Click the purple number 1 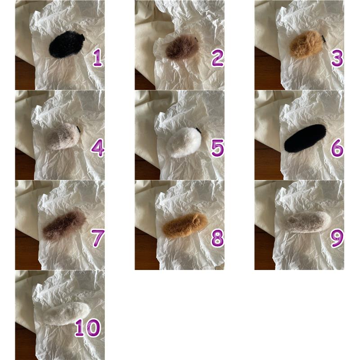[98, 58]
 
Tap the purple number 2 [217, 58]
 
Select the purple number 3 [337, 58]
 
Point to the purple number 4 [98, 148]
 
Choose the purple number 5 [217, 148]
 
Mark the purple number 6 [337, 148]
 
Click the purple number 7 [98, 238]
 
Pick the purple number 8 [217, 238]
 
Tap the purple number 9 [337, 238]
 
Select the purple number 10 [88, 328]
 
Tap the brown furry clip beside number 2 [183, 48]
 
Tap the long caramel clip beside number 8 [185, 225]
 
